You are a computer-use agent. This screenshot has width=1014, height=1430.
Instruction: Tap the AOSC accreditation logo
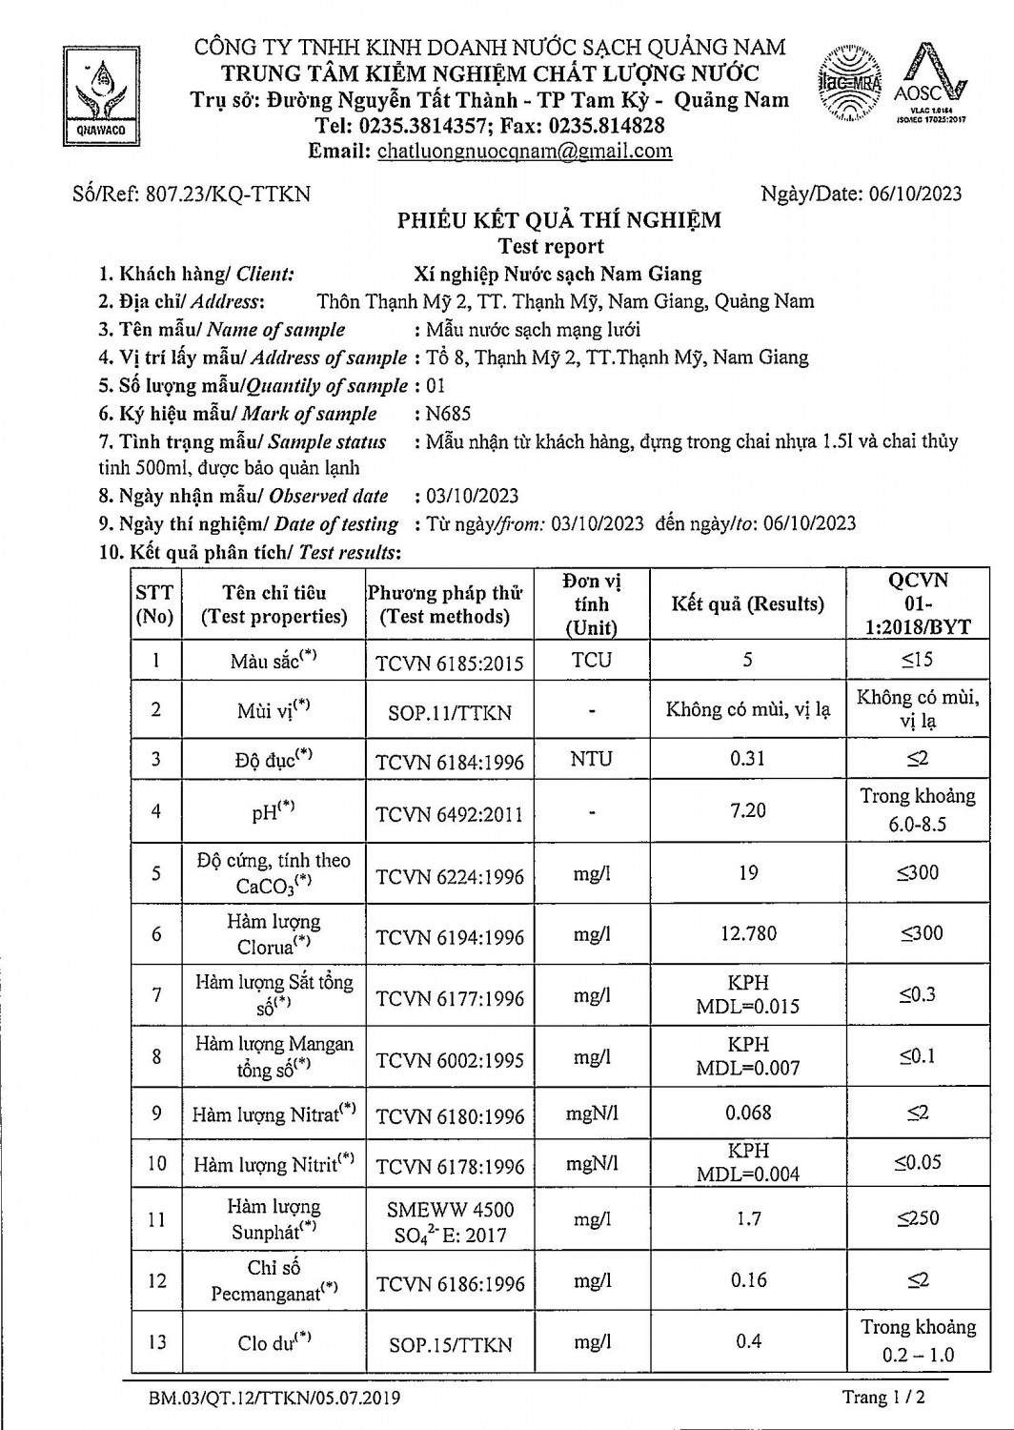[x=930, y=85]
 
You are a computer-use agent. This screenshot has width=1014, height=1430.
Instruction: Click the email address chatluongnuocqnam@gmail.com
[x=524, y=151]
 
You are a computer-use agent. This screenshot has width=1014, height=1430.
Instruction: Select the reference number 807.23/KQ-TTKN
[x=227, y=194]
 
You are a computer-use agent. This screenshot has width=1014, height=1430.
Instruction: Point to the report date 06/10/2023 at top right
[x=915, y=194]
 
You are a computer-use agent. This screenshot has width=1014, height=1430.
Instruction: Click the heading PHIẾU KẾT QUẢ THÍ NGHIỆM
[x=559, y=220]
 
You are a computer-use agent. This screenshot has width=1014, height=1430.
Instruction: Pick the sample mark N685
[x=449, y=414]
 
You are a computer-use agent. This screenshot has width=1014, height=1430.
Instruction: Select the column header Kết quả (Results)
[x=747, y=603]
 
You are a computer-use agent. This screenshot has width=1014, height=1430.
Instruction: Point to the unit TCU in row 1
[x=592, y=660]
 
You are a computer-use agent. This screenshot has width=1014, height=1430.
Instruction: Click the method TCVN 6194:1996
[x=450, y=937]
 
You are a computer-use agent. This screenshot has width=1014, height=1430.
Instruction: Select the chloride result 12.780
[x=748, y=933]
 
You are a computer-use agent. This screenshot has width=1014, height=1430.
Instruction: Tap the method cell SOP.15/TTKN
[x=450, y=1345]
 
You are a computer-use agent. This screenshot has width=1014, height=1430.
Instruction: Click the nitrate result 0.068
[x=748, y=1113]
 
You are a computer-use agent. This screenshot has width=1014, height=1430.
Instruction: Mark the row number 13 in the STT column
[x=156, y=1342]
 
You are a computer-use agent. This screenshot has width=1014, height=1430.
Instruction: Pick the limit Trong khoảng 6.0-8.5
[x=917, y=810]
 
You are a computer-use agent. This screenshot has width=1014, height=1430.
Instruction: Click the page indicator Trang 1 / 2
[x=883, y=1398]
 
